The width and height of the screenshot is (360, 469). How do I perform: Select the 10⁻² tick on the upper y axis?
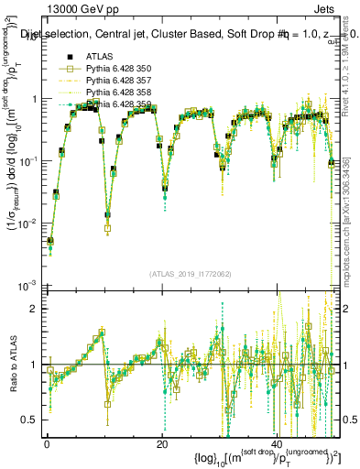click(x=29, y=223)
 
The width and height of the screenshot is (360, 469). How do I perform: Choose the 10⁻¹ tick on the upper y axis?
click(x=29, y=160)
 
